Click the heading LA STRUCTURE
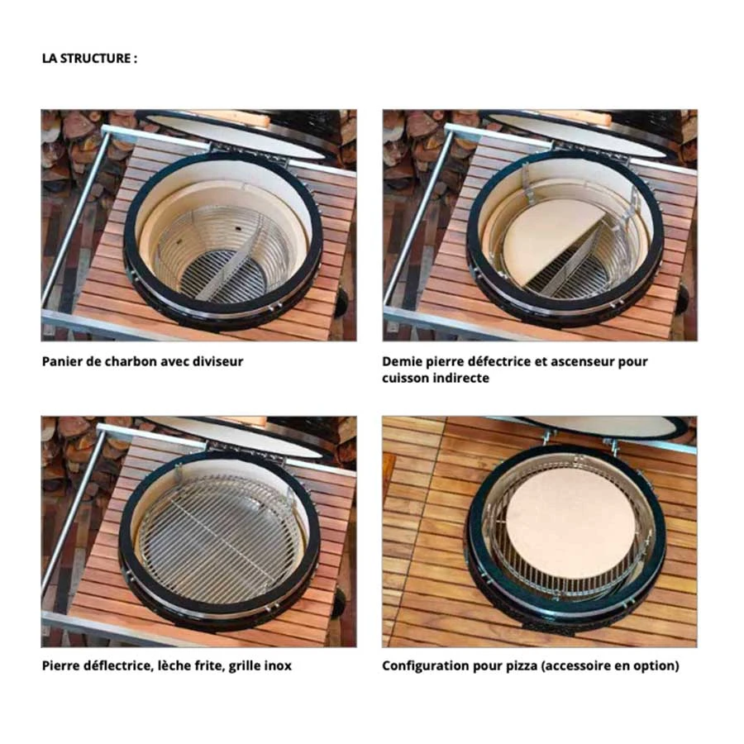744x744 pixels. [x=88, y=59]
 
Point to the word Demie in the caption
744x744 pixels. [x=403, y=361]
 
